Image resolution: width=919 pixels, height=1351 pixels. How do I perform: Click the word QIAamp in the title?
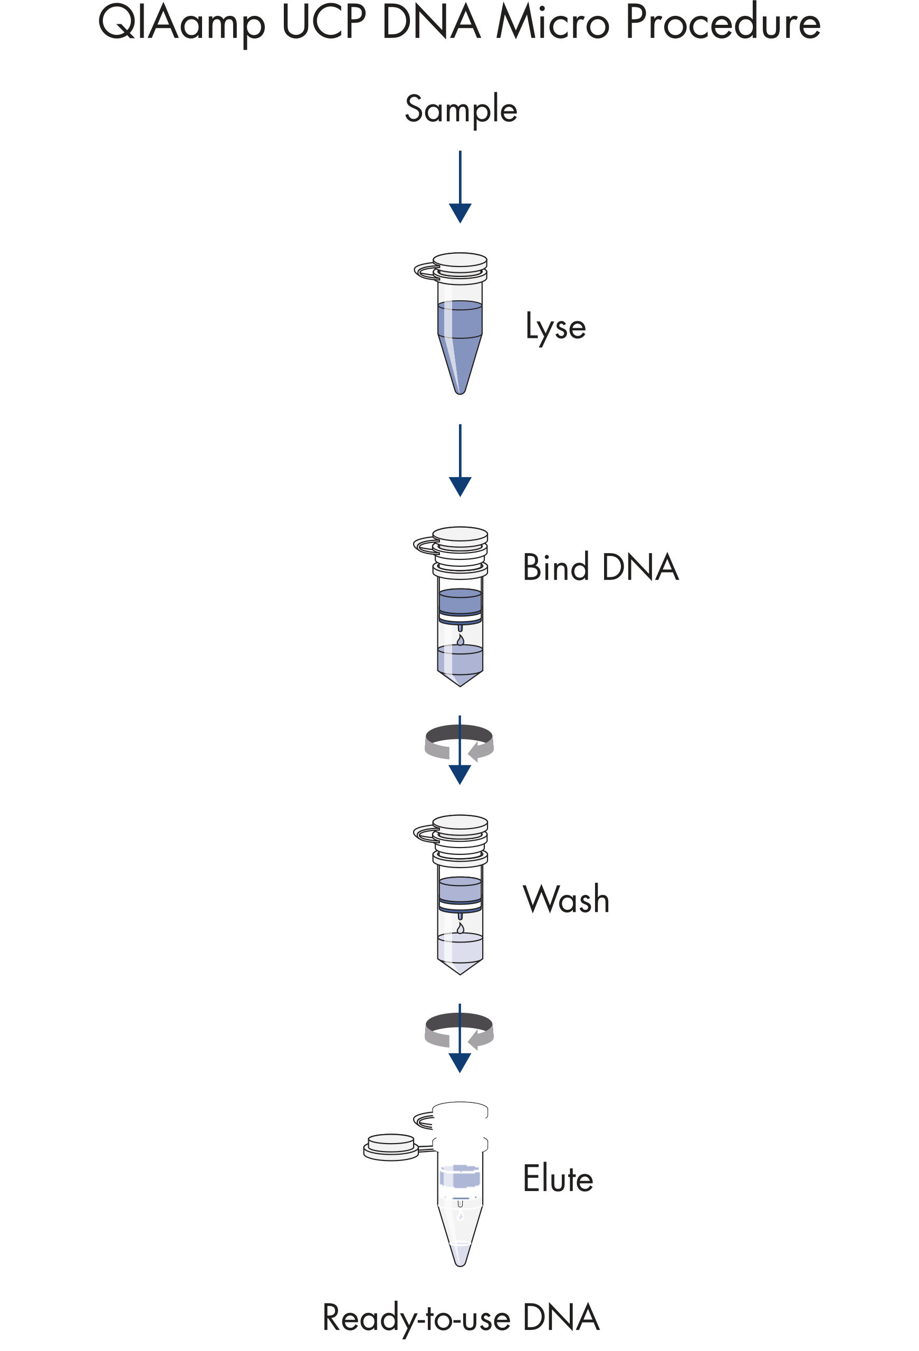(x=181, y=23)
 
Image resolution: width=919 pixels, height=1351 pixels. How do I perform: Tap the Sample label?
(x=461, y=109)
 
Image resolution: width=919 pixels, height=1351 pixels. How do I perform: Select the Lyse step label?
(x=555, y=327)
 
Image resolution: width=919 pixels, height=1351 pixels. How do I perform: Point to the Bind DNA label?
(x=600, y=567)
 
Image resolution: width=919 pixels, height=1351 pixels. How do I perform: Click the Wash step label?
(x=566, y=899)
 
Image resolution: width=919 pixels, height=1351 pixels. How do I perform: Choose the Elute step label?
(x=558, y=1179)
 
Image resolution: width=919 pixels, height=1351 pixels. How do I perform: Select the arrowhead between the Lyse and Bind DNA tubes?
(x=460, y=486)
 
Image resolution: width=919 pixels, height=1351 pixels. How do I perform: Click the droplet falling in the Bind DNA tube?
(x=461, y=640)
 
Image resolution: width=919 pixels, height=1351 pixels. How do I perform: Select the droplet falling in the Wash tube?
(x=461, y=928)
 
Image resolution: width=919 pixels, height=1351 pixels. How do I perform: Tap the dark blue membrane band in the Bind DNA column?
(x=460, y=619)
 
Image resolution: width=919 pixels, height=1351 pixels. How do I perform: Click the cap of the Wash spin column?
(x=461, y=823)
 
